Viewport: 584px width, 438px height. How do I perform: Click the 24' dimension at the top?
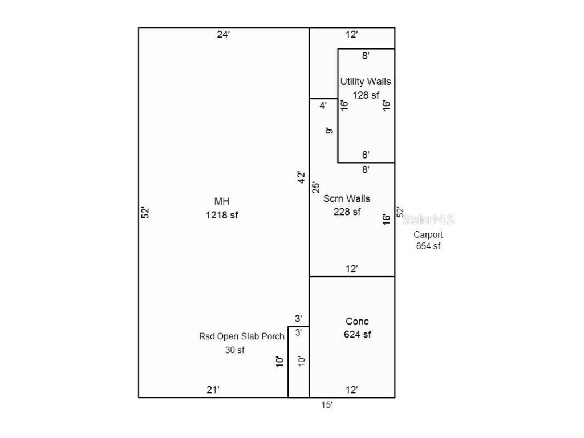point(224,35)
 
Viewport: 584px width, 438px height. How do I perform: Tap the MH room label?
point(222,201)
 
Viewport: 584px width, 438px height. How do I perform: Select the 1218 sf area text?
point(222,215)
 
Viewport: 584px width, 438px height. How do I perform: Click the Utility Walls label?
point(366,82)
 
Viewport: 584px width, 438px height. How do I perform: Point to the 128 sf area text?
point(366,95)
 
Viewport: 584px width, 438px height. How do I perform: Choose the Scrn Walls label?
point(347,198)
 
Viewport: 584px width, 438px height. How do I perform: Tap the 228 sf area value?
point(347,212)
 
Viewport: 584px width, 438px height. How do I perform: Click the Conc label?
point(357,322)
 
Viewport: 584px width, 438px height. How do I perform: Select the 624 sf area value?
point(357,335)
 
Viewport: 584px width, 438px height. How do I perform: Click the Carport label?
point(428,234)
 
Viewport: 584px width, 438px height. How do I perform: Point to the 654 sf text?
point(428,246)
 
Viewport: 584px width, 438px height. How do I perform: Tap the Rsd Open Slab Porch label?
point(241,336)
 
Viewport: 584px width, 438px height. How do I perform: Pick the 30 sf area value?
point(234,350)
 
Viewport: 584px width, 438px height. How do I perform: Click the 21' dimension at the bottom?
point(213,390)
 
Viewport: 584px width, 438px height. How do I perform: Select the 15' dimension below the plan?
point(327,405)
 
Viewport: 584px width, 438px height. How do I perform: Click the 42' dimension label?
point(301,178)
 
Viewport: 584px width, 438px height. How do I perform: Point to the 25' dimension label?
point(315,187)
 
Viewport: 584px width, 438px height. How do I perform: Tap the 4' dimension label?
point(323,106)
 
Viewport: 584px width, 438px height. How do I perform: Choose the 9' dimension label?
point(329,131)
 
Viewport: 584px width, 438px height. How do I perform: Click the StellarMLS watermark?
point(428,220)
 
